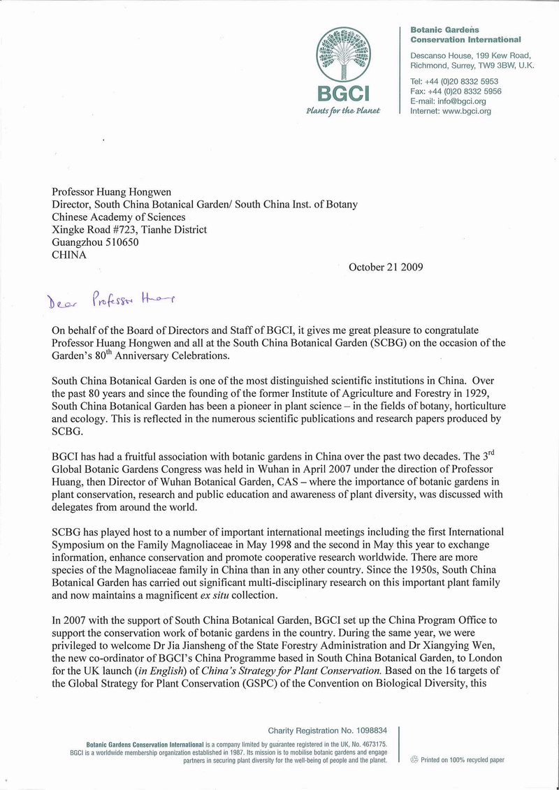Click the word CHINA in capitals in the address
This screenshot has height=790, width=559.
(70, 255)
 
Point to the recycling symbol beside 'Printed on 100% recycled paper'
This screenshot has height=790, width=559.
(414, 759)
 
